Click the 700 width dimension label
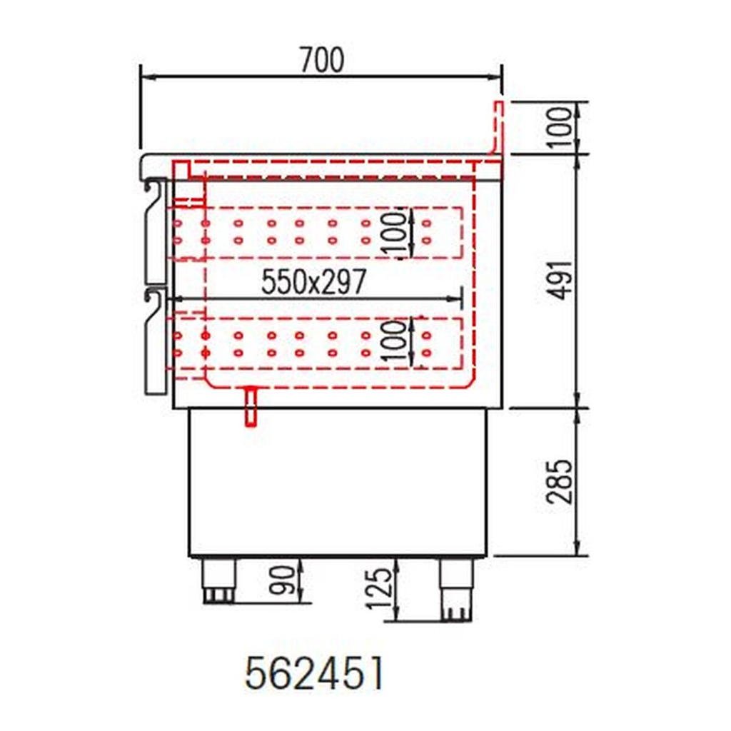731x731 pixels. coord(321,61)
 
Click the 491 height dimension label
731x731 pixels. coord(562,280)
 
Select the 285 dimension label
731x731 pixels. coord(562,481)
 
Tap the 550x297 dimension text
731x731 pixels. coord(313,283)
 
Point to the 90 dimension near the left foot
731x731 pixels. coord(284,581)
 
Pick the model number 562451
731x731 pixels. coord(314,673)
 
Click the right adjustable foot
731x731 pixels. coord(455,588)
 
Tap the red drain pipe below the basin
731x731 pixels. coord(251,407)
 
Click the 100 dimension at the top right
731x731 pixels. coord(562,127)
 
